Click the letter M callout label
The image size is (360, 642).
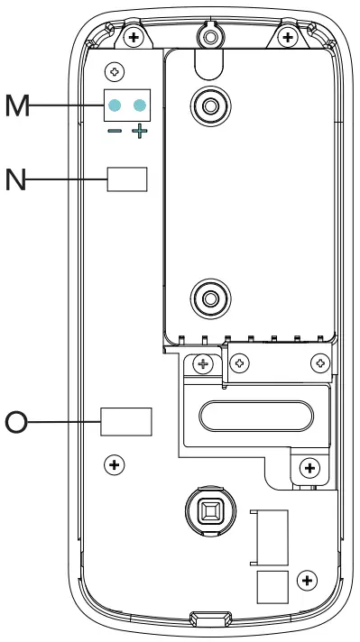tap(16, 106)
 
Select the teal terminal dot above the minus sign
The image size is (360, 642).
tap(115, 106)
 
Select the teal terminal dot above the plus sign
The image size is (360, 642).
tap(139, 106)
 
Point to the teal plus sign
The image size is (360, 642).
tap(139, 133)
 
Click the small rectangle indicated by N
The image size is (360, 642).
tap(126, 179)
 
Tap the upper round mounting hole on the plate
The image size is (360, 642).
tap(208, 105)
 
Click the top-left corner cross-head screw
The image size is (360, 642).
tap(134, 37)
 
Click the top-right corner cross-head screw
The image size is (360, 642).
tap(288, 37)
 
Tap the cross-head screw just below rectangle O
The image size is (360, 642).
tap(114, 465)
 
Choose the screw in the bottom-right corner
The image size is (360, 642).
tap(306, 579)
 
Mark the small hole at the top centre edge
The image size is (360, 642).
tap(209, 35)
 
